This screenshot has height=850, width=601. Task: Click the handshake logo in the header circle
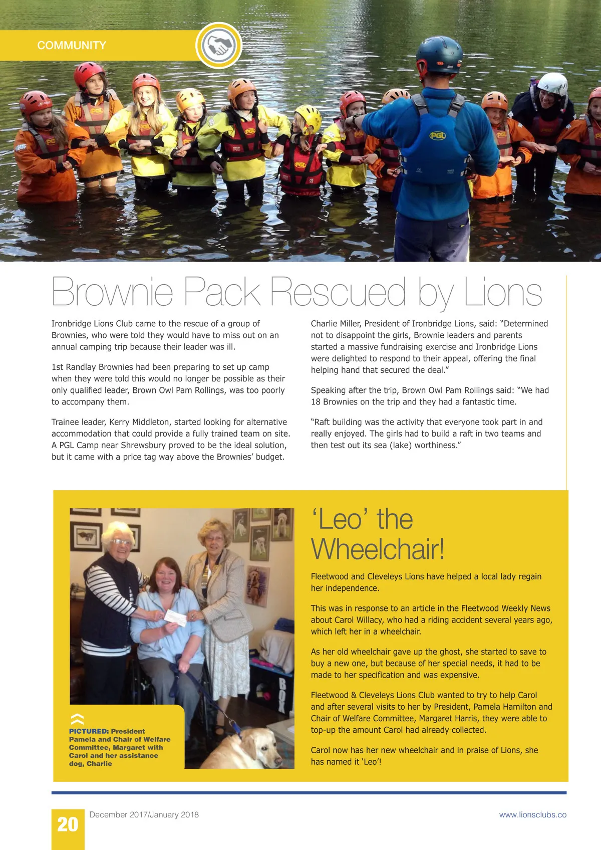coord(219,46)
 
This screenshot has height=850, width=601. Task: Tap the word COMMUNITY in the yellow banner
coord(72,46)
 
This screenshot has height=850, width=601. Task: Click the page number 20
coord(68,824)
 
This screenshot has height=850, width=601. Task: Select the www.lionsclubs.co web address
coord(532,815)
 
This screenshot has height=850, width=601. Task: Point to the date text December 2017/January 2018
coord(144,815)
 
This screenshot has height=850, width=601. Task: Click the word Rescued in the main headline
coord(338,292)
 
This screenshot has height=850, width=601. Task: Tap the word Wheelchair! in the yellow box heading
coord(378,549)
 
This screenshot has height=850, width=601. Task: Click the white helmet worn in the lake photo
coord(552,83)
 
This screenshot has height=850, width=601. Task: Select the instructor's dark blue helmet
coord(439,54)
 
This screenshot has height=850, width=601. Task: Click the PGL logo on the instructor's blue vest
coord(437,135)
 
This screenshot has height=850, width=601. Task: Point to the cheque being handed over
coord(175,617)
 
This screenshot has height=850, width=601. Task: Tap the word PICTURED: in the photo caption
coord(89,731)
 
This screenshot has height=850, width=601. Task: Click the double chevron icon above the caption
coord(77,719)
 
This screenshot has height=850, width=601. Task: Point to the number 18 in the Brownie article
coord(316,402)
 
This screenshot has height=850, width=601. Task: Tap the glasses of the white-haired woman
coord(122,542)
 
